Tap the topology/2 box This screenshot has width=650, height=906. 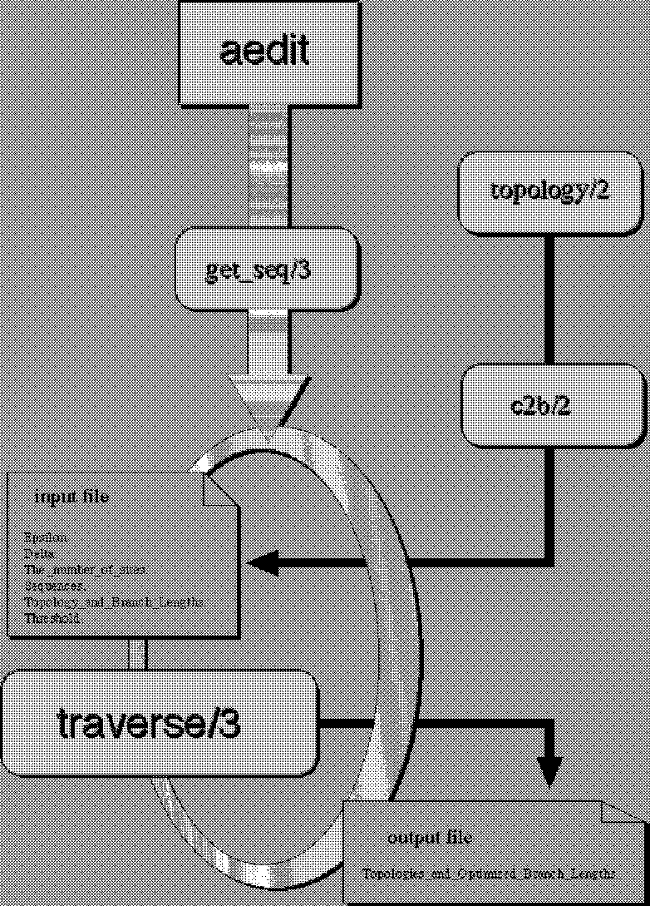549,191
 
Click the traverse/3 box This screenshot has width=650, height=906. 158,722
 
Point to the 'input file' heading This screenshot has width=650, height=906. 71,498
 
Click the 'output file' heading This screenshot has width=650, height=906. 430,837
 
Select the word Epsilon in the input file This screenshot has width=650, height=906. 46,537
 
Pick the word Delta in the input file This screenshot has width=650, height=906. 40,553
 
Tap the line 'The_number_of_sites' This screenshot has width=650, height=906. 86,570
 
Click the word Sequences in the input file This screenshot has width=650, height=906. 55,586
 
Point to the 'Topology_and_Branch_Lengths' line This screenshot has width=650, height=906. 114,602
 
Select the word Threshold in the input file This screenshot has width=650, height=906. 52,618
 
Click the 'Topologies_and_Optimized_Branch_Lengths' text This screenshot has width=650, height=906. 490,874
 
